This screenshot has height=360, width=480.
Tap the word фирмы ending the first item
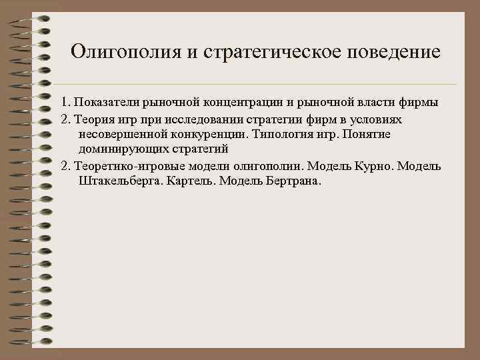coord(419,103)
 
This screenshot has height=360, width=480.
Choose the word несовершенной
coord(119,134)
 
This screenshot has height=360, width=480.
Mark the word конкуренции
coord(203,134)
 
